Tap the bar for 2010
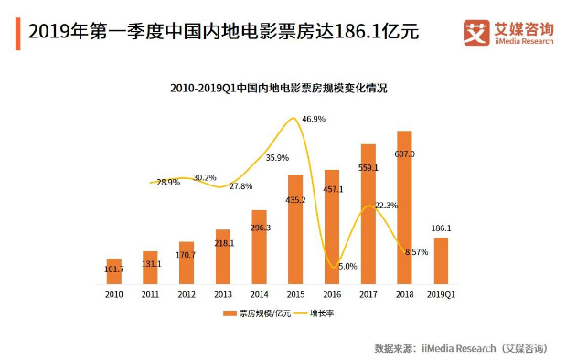[113, 271]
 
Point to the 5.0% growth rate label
[347, 266]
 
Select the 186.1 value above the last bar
[441, 227]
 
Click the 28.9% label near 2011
[168, 182]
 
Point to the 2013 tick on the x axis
[222, 294]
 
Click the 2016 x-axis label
[331, 294]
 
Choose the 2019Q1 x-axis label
[441, 294]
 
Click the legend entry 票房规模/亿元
[253, 314]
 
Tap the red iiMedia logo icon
[476, 32]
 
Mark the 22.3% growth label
[386, 206]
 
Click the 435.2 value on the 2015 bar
[295, 198]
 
